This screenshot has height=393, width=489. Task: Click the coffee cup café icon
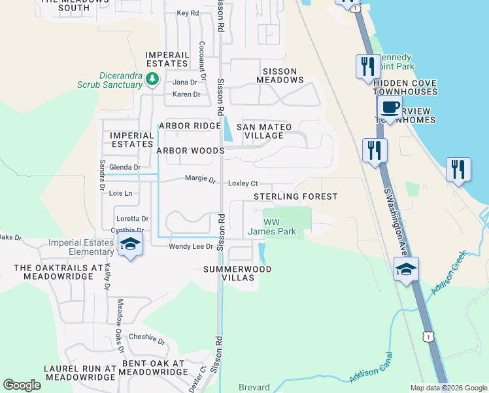pos(390,107)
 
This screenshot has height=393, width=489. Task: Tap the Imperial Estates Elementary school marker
pos(131,246)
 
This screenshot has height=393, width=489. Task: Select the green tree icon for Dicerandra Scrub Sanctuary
pos(153,79)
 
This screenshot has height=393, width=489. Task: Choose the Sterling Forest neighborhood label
pos(295,196)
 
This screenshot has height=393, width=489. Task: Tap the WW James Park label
pos(272,227)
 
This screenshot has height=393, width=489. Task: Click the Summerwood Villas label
pos(237,274)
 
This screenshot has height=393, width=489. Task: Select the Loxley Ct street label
pos(243,183)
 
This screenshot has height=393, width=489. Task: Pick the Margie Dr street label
pos(200,178)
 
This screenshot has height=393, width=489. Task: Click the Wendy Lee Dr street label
pos(192,246)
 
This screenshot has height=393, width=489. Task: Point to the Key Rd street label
pos(188,13)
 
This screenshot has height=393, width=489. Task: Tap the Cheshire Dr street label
pos(147,339)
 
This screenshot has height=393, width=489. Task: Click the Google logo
pos(22,385)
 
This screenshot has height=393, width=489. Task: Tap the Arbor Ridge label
pos(190,126)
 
